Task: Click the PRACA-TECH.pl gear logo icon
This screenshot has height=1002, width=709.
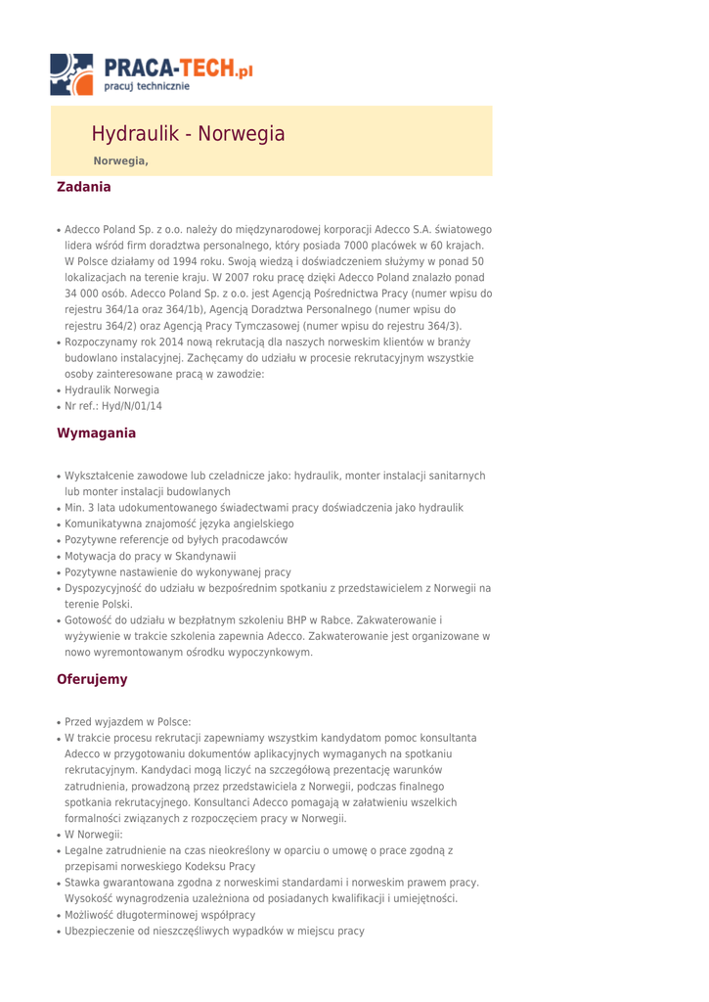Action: [72, 74]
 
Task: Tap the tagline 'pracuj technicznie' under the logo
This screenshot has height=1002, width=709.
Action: [148, 87]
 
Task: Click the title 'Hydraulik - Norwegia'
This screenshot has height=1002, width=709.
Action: [188, 134]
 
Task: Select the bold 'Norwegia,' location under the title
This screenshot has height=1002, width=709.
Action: [120, 160]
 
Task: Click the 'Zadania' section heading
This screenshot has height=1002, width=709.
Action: [84, 186]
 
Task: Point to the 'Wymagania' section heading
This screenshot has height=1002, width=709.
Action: [97, 433]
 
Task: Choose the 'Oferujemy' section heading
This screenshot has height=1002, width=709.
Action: [92, 678]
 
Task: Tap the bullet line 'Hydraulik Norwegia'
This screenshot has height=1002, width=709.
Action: [111, 389]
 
